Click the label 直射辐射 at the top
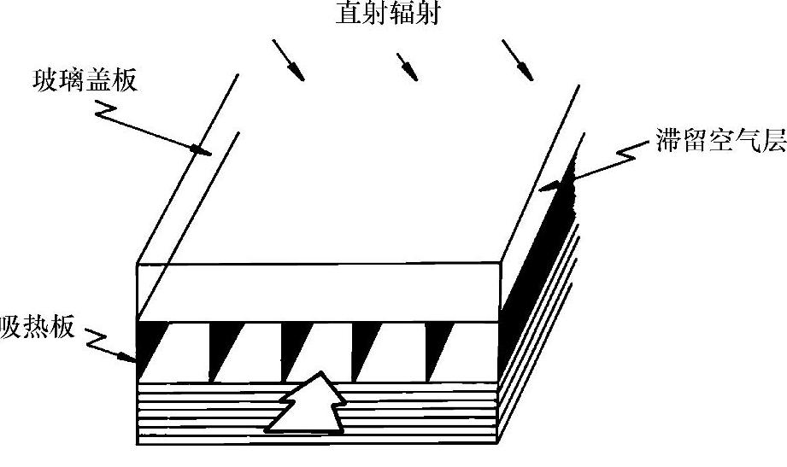[388, 15]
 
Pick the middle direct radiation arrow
[408, 67]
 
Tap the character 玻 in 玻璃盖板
[42, 82]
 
